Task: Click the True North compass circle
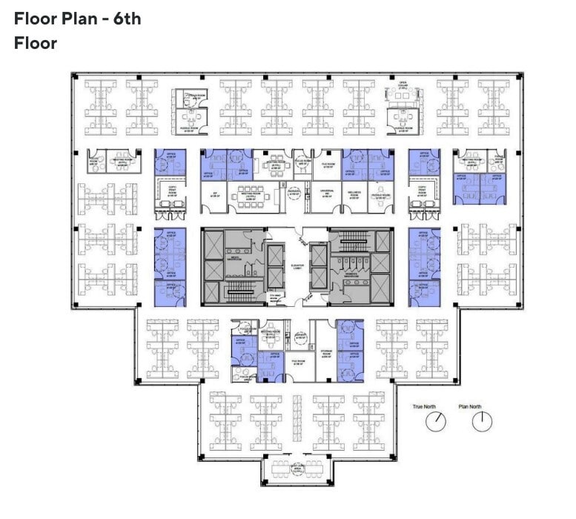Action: (436, 422)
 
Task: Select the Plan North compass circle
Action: (482, 422)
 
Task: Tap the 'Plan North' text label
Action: (482, 406)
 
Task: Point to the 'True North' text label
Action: (425, 406)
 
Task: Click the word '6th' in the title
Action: (128, 19)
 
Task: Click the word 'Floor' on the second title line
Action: (36, 43)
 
